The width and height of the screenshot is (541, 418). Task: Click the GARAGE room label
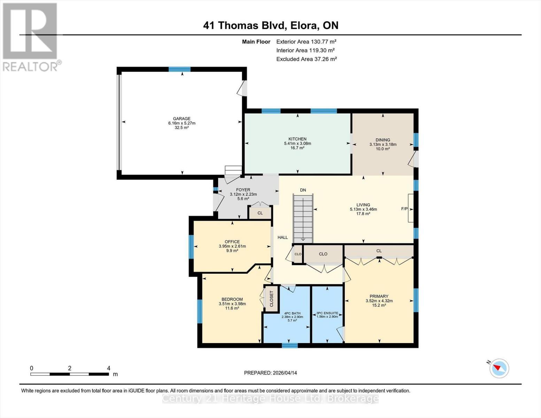pyautogui.click(x=181, y=119)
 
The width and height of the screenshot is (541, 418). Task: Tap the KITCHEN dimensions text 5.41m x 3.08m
pyautogui.click(x=297, y=144)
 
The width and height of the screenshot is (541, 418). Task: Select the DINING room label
pyautogui.click(x=382, y=140)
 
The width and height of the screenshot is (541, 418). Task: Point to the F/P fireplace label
pyautogui.click(x=404, y=209)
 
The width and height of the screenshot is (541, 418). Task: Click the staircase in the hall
pyautogui.click(x=303, y=219)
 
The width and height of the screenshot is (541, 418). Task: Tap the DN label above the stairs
pyautogui.click(x=303, y=190)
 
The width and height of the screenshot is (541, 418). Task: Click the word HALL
pyautogui.click(x=283, y=238)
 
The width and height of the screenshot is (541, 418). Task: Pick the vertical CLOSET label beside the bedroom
pyautogui.click(x=272, y=299)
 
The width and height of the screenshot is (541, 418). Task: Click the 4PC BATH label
pyautogui.click(x=292, y=313)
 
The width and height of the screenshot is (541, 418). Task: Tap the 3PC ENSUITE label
pyautogui.click(x=327, y=313)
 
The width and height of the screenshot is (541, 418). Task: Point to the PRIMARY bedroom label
pyautogui.click(x=379, y=296)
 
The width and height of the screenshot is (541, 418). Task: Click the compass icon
pyautogui.click(x=499, y=368)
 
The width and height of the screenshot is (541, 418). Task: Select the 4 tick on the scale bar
pyautogui.click(x=108, y=368)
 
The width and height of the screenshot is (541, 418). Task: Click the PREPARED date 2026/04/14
pyautogui.click(x=270, y=373)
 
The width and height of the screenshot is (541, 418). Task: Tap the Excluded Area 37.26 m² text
pyautogui.click(x=306, y=59)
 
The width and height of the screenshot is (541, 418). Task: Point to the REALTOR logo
pyautogui.click(x=31, y=37)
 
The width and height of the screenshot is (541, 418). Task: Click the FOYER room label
pyautogui.click(x=243, y=190)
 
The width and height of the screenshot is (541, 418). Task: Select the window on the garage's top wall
pyautogui.click(x=179, y=69)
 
